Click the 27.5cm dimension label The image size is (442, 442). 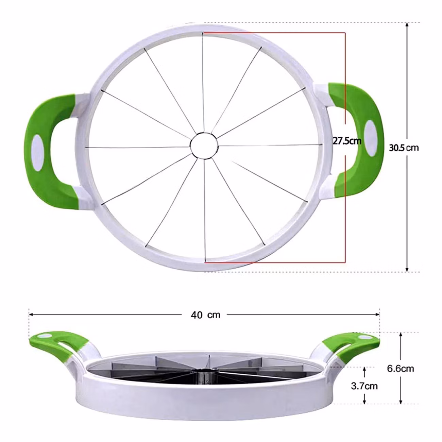coord(346,140)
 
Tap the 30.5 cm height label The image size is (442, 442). coord(404,148)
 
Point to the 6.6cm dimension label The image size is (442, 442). coord(401,368)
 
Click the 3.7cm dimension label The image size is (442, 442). coord(364,386)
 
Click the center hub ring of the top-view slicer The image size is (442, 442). coord(204,146)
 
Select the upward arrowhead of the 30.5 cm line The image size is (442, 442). coord(407,26)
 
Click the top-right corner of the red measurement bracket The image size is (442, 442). coord(345,33)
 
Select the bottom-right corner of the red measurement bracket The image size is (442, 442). coord(345,262)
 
